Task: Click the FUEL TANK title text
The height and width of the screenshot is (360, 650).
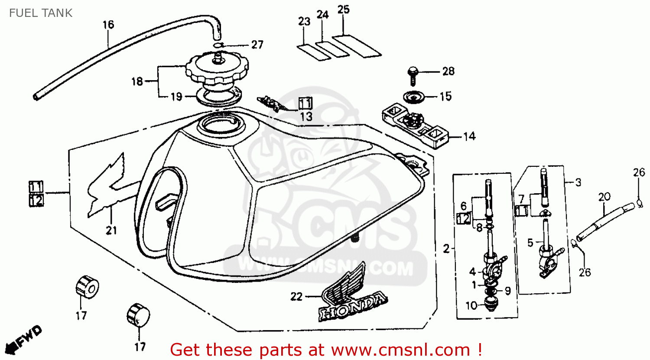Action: [x=41, y=13]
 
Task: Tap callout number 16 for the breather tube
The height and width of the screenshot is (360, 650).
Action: [x=108, y=25]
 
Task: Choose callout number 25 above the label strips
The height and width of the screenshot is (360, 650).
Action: [x=343, y=10]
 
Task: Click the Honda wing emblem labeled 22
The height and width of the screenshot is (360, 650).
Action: [x=351, y=295]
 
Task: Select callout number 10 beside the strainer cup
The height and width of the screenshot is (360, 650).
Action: [x=471, y=305]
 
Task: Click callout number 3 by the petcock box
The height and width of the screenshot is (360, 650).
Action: [x=578, y=182]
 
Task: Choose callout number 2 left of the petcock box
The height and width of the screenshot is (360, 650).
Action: [x=446, y=249]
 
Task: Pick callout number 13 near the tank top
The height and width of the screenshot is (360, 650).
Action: [x=306, y=117]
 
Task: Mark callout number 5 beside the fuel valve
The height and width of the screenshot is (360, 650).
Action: [x=530, y=243]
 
